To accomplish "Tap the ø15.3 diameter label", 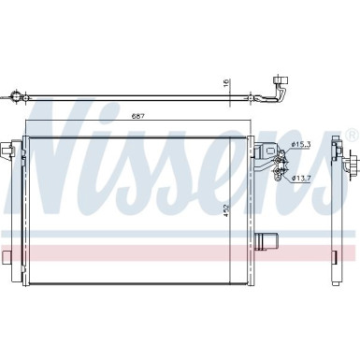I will pyautogui.click(x=302, y=143).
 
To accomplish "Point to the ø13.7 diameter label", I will pyautogui.click(x=302, y=178).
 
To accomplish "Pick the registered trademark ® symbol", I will pyautogui.click(x=351, y=137).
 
